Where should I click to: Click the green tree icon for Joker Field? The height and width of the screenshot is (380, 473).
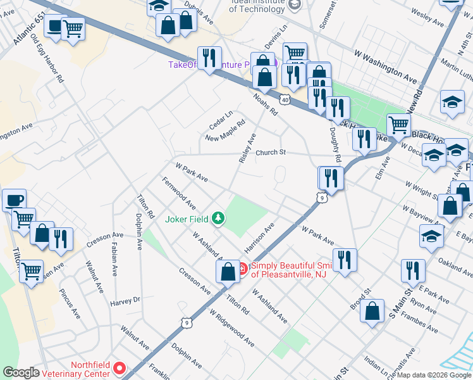(218, 219)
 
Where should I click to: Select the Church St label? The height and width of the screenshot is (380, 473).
(271, 153)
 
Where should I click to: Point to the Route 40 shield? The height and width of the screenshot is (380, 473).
(285, 99)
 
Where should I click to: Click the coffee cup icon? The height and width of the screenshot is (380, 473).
(14, 199)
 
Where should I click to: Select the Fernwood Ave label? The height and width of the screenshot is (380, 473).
(178, 193)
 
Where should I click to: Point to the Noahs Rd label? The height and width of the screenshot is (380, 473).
(266, 104)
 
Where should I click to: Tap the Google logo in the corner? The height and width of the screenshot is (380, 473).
(21, 372)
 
